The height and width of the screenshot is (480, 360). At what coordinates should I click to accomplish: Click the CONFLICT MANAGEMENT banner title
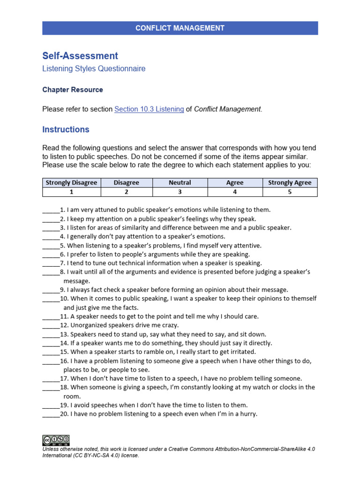coord(180,28)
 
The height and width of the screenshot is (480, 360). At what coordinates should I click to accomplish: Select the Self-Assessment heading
coord(80,56)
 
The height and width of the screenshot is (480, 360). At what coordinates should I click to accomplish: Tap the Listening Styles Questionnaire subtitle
coord(94,69)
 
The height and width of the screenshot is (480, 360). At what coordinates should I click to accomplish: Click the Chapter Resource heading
coord(73,90)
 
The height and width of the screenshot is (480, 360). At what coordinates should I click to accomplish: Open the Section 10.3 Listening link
coord(149,109)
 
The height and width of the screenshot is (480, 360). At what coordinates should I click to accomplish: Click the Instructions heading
coord(66,129)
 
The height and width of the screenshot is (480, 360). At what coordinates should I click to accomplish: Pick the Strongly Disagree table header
coord(71,183)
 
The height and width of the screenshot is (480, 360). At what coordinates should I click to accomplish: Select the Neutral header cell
coord(180,183)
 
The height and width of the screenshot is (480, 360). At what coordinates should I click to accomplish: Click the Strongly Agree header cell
coord(290,183)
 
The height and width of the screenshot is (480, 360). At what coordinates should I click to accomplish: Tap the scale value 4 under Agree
coord(235,192)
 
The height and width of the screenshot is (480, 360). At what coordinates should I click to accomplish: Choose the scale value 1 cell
coord(71,192)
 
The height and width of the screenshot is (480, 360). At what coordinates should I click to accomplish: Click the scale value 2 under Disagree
coord(126,192)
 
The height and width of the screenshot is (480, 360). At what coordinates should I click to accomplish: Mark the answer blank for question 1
coord(51,210)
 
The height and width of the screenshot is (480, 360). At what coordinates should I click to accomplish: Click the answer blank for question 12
coord(51,326)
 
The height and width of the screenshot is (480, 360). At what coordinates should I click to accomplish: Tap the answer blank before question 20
coord(51,414)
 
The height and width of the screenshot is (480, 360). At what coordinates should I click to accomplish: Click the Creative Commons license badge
coord(56,440)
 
